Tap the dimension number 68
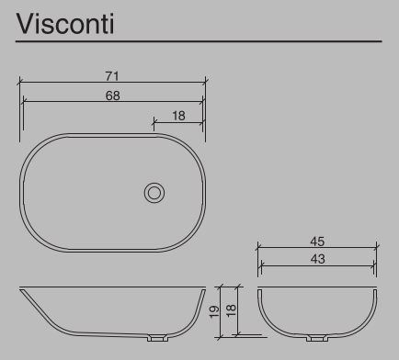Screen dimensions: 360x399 point(112,95)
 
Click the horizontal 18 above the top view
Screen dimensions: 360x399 point(178,115)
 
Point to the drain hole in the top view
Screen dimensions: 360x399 point(154,192)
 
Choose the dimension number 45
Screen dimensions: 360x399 point(317,241)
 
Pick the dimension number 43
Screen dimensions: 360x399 point(317,259)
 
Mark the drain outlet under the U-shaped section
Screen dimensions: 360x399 point(316,338)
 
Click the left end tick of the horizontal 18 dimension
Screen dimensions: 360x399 point(154,121)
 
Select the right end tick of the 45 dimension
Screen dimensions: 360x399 point(377,247)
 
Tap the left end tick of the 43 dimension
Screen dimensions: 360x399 point(261,265)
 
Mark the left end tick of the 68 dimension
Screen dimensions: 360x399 point(23,101)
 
